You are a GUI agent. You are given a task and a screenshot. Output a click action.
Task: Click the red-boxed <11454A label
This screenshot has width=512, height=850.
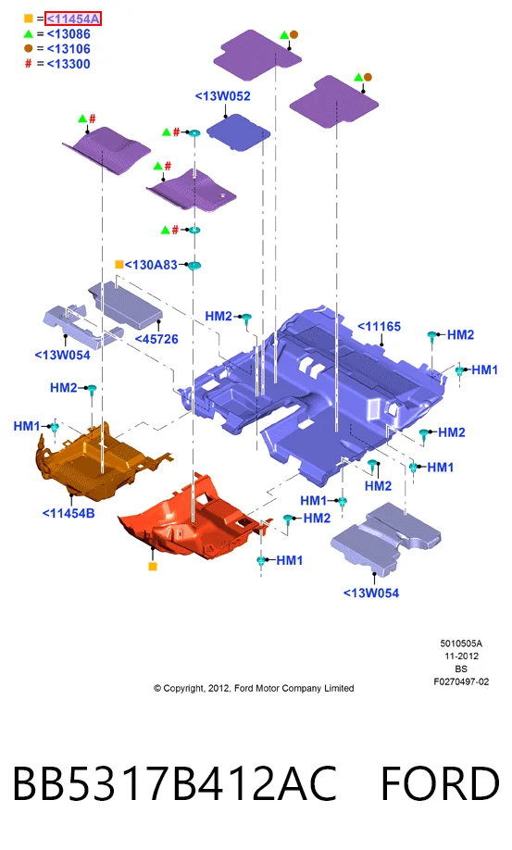pyautogui.click(x=73, y=19)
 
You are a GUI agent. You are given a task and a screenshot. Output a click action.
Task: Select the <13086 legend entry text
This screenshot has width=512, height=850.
pyautogui.click(x=69, y=34)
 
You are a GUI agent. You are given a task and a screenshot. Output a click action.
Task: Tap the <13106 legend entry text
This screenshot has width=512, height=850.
pyautogui.click(x=69, y=49)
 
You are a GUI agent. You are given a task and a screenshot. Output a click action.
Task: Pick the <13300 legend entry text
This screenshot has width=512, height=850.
pyautogui.click(x=69, y=64)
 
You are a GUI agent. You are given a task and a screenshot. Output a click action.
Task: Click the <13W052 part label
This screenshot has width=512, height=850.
pyautogui.click(x=223, y=96)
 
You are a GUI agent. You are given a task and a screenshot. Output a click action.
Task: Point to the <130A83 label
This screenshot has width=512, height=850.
pyautogui.click(x=151, y=265)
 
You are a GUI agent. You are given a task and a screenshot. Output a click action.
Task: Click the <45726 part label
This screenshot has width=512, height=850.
pyautogui.click(x=156, y=339)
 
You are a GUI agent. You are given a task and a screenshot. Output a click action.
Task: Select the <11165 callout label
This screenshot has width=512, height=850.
pyautogui.click(x=380, y=327)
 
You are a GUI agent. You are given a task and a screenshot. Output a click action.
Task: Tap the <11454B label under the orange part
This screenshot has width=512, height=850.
pyautogui.click(x=69, y=513)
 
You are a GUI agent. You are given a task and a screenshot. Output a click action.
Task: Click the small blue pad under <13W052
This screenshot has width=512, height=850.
pyautogui.click(x=238, y=131)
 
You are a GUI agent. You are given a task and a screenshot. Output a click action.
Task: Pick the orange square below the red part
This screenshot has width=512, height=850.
pyautogui.click(x=153, y=567)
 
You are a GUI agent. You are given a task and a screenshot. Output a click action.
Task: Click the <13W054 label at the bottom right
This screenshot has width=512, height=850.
pyautogui.click(x=371, y=594)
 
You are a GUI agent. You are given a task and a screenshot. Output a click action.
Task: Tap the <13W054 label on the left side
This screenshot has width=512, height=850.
pyautogui.click(x=62, y=356)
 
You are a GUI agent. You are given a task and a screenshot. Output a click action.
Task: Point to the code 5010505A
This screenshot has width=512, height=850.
pyautogui.click(x=461, y=644)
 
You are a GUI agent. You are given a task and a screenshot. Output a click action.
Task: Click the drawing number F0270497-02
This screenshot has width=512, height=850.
pyautogui.click(x=461, y=682)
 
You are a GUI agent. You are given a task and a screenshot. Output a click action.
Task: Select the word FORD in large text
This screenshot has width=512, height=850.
pyautogui.click(x=440, y=784)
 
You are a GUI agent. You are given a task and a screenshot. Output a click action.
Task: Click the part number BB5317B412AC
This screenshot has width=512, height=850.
pyautogui.click(x=174, y=784)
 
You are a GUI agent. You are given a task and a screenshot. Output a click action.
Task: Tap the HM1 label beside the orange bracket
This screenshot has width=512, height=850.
pyautogui.click(x=27, y=427)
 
